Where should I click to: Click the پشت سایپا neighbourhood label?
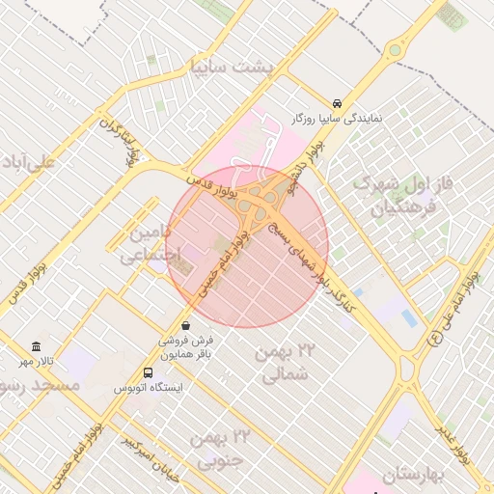pos(232,68)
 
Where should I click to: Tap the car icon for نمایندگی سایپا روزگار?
pos(336,102)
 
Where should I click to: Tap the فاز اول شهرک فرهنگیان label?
pos(397,194)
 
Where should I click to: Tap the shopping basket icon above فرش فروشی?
pos(185,325)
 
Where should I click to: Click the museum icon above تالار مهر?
pos(37,346)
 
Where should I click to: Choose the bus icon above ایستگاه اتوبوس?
pos(148,372)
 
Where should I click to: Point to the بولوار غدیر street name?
pos(453,443)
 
